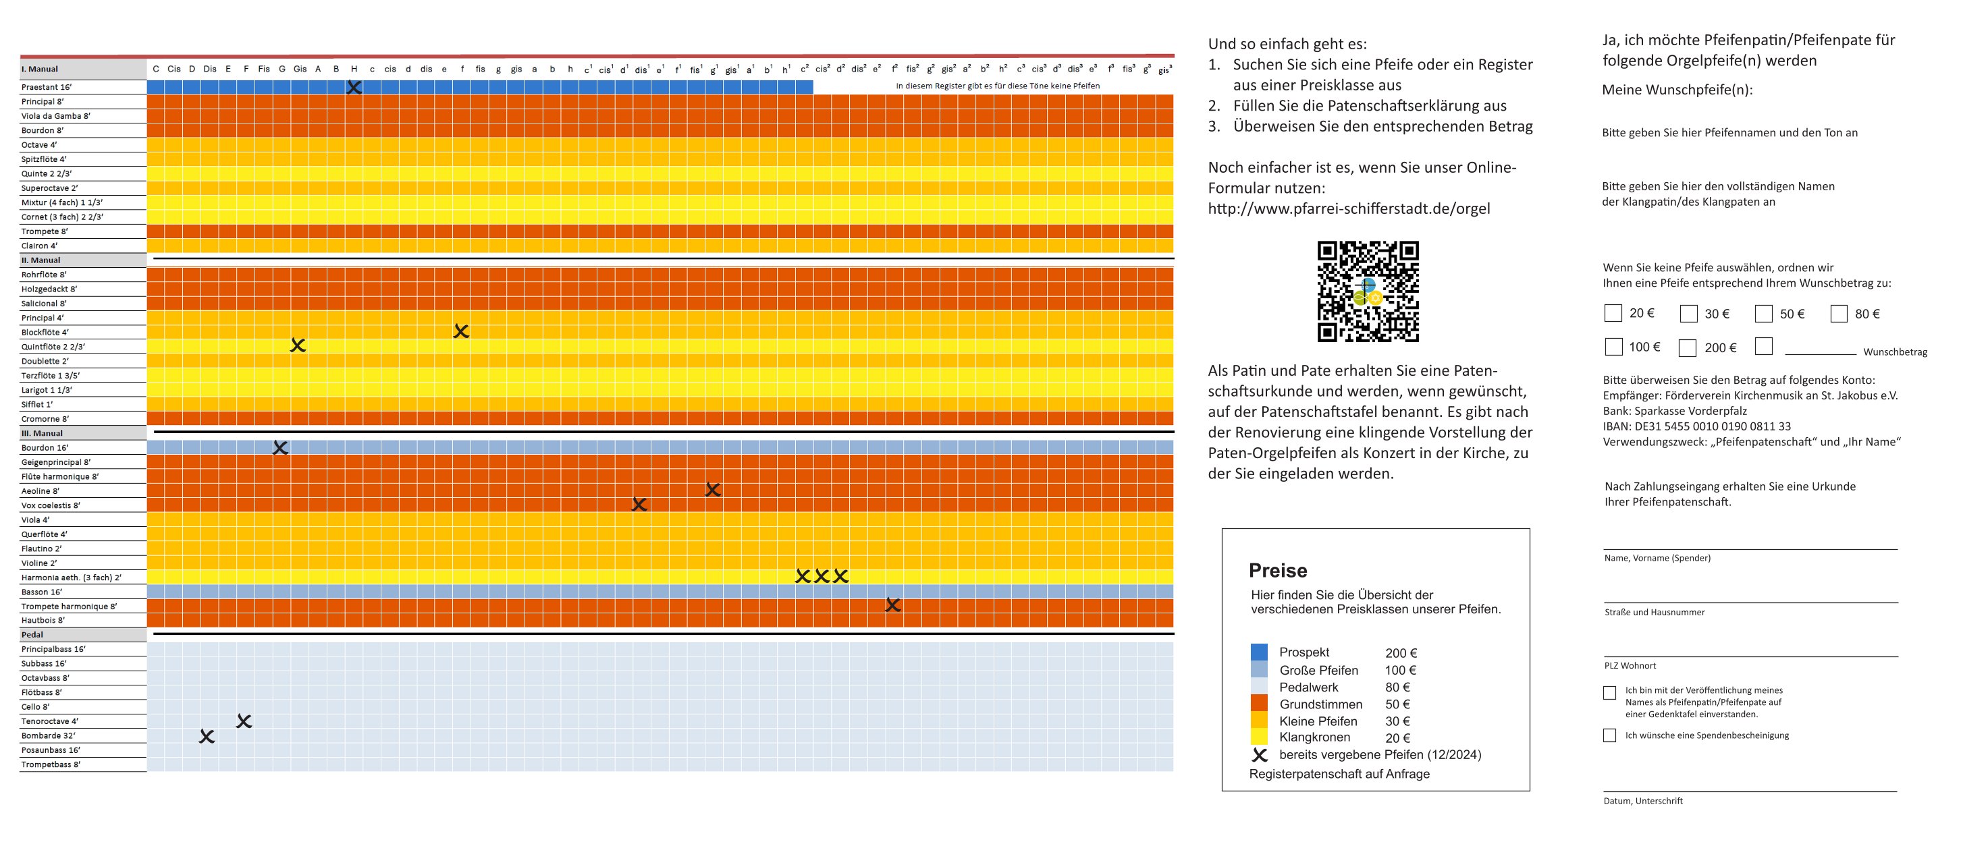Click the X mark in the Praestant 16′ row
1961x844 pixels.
[354, 88]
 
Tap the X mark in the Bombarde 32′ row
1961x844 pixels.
[207, 737]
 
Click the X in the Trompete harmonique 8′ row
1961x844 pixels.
[893, 606]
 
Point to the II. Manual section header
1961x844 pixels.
[41, 260]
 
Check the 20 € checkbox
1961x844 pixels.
[1613, 314]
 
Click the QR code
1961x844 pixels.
[1368, 291]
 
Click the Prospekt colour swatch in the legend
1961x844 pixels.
[1259, 652]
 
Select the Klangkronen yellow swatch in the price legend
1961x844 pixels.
[1259, 737]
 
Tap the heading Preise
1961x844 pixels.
[1277, 571]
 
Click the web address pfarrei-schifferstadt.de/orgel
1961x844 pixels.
[1349, 208]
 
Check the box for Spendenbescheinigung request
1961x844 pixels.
[1609, 735]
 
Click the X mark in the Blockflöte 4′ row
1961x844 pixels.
[461, 331]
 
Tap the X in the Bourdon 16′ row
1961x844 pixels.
[280, 448]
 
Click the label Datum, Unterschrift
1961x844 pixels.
[1643, 801]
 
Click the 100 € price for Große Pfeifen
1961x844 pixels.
[1400, 671]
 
